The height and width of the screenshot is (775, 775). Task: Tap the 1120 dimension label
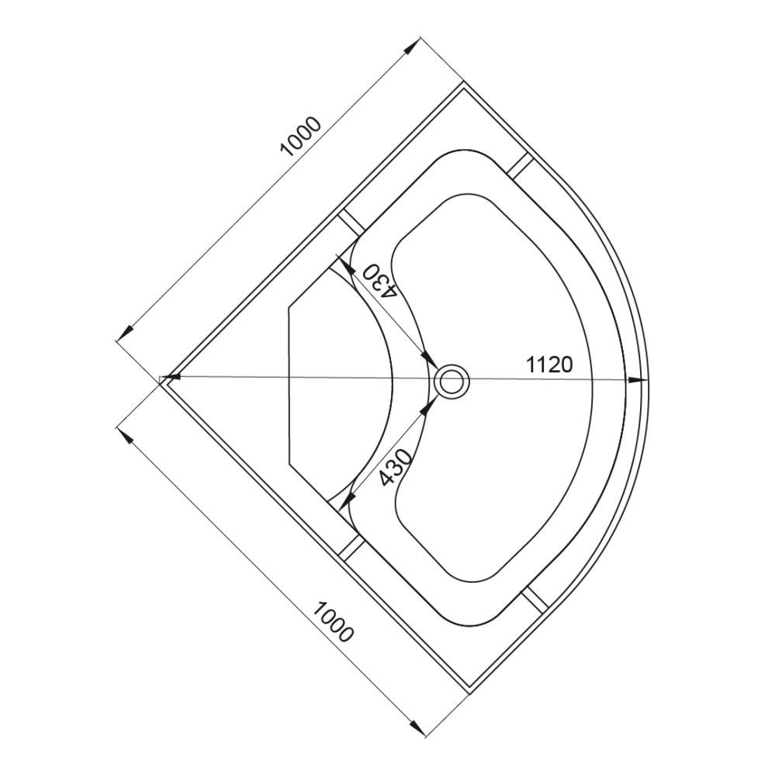549,365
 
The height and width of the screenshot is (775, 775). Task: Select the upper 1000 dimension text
301,137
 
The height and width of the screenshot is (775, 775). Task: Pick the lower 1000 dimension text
333,621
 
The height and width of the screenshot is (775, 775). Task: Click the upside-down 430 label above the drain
380,281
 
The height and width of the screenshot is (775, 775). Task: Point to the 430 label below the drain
396,468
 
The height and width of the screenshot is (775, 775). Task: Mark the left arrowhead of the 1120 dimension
172,378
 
